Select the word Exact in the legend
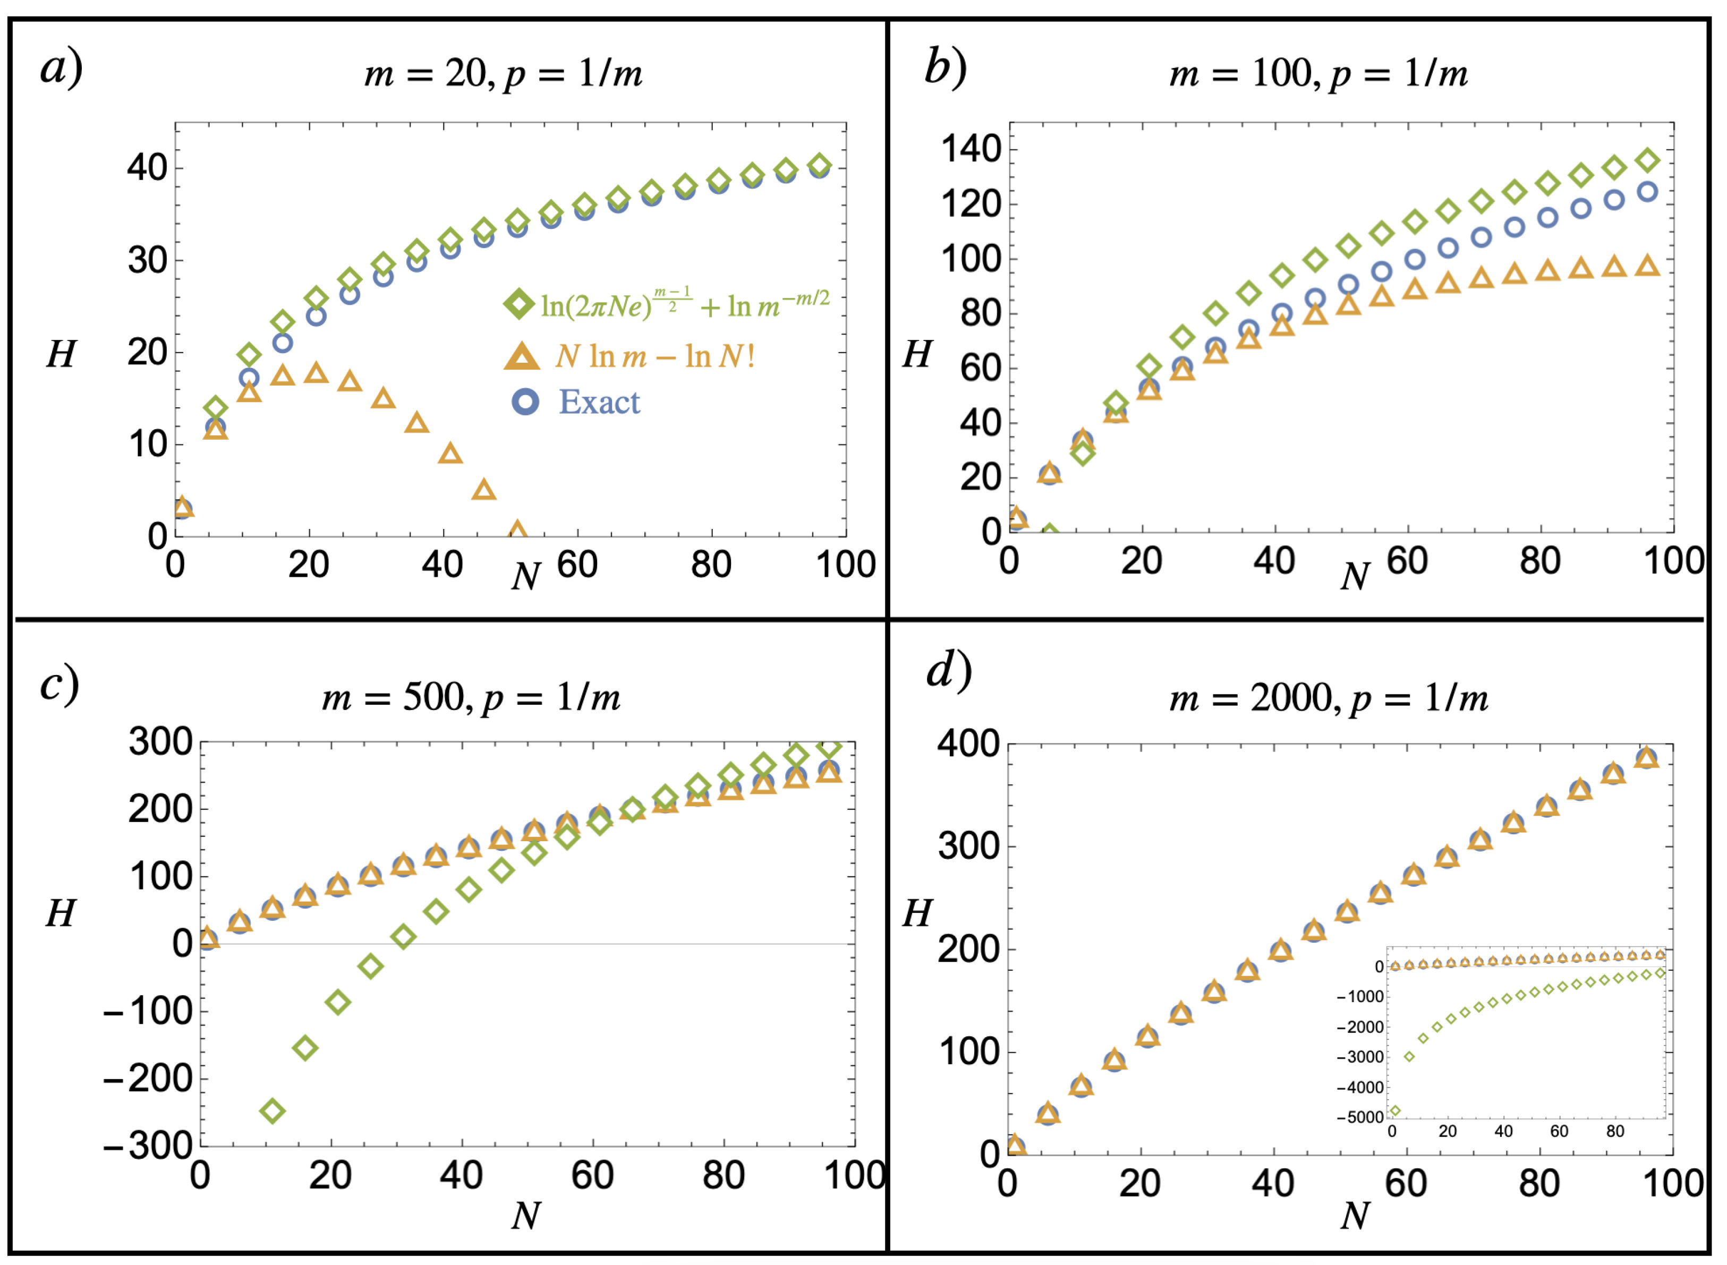[x=599, y=403]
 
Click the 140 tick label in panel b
[x=971, y=149]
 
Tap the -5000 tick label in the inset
[x=1360, y=1117]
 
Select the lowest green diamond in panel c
[x=273, y=1111]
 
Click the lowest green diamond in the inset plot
[x=1394, y=1110]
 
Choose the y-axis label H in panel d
[x=917, y=913]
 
